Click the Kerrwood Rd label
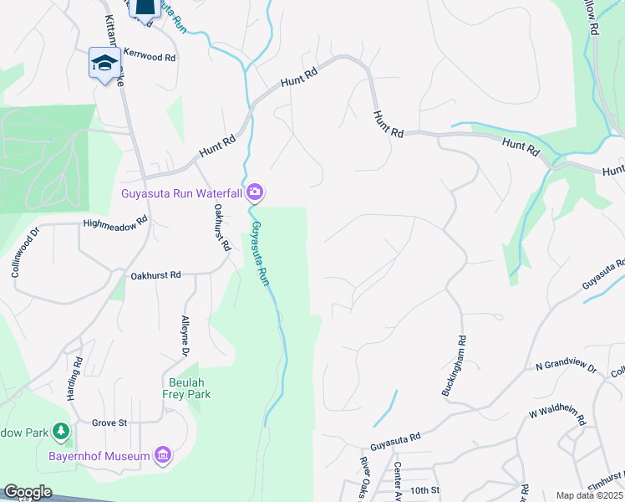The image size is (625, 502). coord(150,58)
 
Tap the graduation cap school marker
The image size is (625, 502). coord(104,64)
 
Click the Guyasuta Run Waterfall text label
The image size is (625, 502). coord(181,193)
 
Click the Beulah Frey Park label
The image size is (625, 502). coord(185,387)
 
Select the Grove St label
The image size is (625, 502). coord(109,423)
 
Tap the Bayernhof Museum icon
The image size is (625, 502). coord(163,456)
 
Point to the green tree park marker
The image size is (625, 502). coord(61,432)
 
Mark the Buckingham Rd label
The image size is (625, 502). coord(460,365)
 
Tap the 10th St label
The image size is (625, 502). coord(424,490)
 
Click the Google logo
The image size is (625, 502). coord(28,492)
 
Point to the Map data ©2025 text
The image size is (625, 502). coord(589,495)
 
